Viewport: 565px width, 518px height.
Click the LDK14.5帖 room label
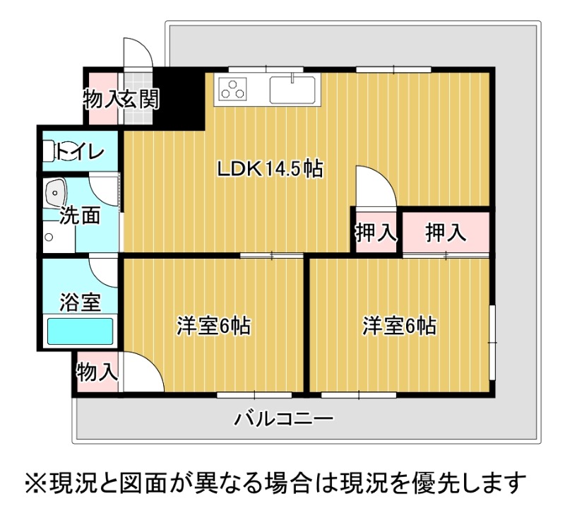270,168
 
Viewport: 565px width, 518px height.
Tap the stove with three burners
232,89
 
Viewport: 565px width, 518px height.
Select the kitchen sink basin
292,89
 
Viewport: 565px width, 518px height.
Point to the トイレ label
80,151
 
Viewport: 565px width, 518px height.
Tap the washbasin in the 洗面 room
55,193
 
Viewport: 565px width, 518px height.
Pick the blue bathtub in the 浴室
81,331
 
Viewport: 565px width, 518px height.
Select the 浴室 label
80,302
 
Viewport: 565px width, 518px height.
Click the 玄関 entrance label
139,99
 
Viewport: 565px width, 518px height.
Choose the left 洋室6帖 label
213,326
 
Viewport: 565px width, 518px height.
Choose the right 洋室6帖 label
399,326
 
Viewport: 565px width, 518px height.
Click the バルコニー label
284,419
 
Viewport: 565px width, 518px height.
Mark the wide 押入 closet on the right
446,232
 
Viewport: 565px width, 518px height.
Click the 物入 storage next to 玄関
103,99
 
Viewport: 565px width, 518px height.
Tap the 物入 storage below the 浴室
97,372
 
